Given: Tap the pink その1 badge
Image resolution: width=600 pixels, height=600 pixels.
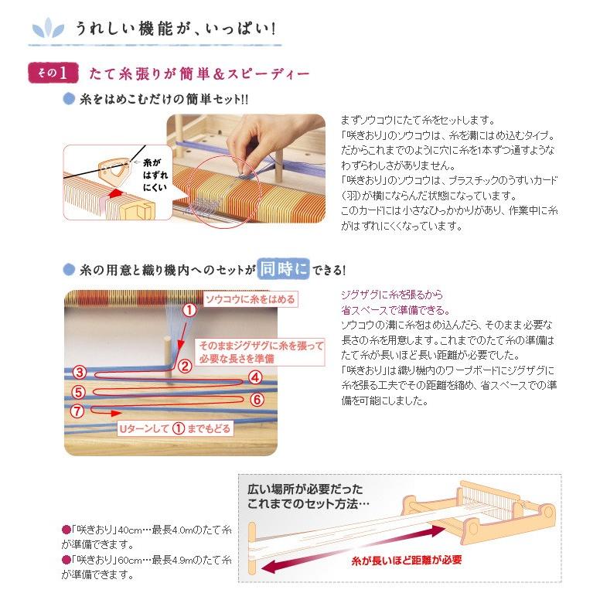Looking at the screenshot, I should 53,73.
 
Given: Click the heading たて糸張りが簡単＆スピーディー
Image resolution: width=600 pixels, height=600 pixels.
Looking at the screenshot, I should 199,74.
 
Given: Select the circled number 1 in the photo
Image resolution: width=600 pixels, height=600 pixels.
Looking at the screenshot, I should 189,311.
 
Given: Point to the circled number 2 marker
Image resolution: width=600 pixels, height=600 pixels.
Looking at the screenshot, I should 185,366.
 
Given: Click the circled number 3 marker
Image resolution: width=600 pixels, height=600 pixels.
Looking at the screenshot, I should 79,373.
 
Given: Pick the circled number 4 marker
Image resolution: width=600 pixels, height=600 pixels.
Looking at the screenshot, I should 256,377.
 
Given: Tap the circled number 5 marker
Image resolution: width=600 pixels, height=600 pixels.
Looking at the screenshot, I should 79,391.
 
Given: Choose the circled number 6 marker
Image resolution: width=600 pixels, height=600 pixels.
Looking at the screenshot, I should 257,400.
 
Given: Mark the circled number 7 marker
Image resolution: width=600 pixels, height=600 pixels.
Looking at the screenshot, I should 77,411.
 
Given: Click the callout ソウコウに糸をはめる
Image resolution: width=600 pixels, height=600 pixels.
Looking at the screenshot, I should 250,299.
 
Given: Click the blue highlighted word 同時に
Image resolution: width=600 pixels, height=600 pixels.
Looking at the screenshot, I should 284,269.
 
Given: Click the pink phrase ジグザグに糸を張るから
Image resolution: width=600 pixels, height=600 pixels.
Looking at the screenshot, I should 392,295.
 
